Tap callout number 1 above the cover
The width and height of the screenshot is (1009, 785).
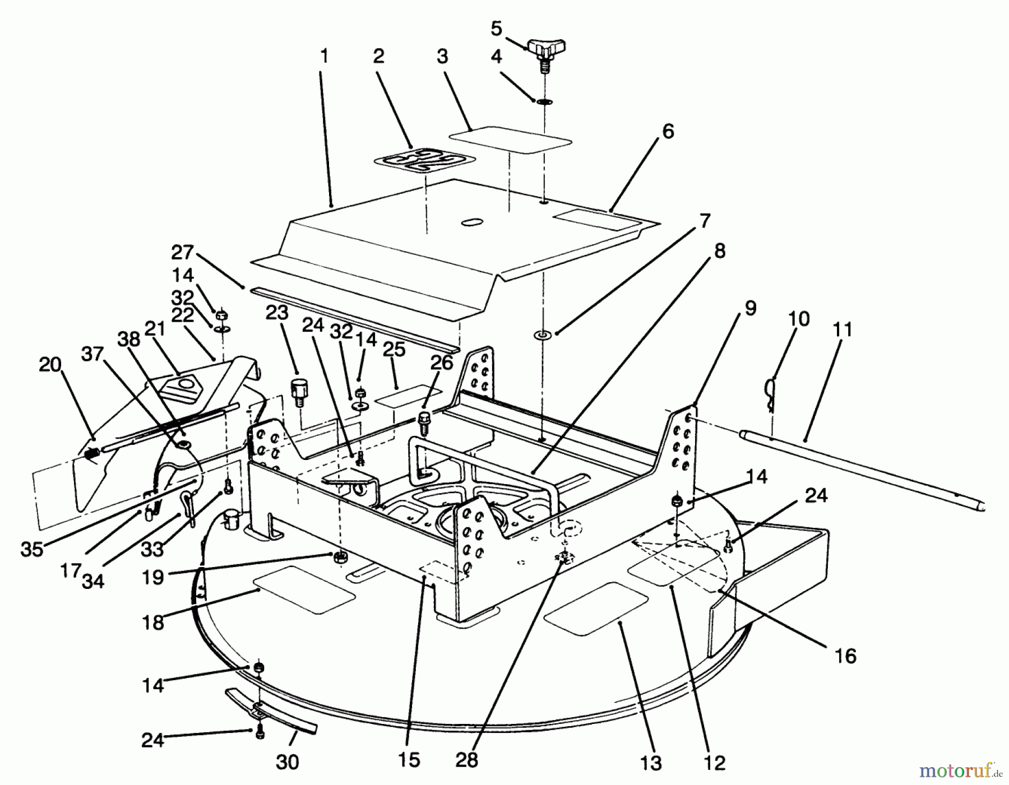coord(324,57)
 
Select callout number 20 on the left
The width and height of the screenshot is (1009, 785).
coord(50,365)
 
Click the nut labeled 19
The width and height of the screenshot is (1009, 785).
coord(339,556)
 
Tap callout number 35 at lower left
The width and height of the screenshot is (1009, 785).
coord(32,549)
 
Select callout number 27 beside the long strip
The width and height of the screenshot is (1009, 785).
coord(182,253)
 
